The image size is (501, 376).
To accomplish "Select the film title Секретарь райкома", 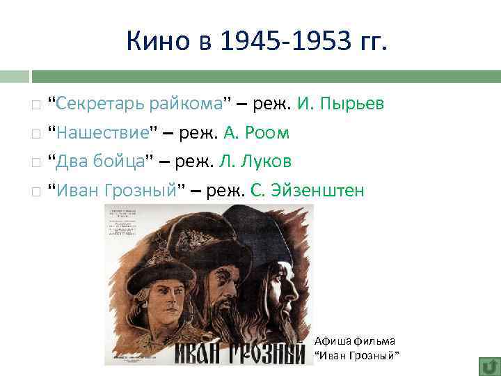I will (x=140, y=104).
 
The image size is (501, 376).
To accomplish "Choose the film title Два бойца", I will (x=100, y=162).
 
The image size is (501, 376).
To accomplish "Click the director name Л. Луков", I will (x=255, y=162).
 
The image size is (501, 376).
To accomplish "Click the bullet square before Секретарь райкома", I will (x=35, y=106).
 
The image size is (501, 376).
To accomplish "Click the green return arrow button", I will (x=488, y=366).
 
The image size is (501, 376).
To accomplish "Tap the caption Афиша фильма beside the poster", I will (x=354, y=341).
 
